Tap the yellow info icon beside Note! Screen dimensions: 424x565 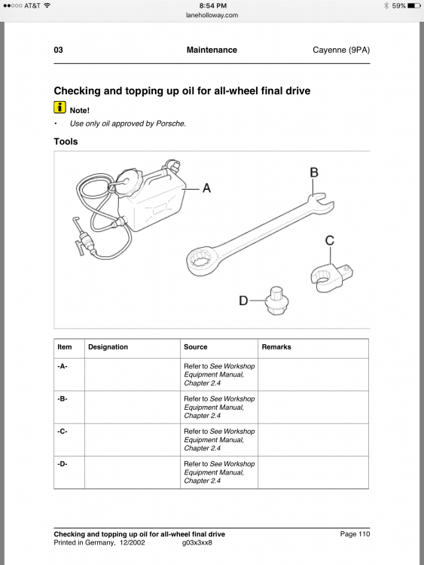pyautogui.click(x=59, y=108)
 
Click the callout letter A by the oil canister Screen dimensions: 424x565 pyautogui.click(x=206, y=188)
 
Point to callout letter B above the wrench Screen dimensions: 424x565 pyautogui.click(x=314, y=173)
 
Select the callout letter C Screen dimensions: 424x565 pyautogui.click(x=330, y=240)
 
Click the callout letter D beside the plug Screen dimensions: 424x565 pyautogui.click(x=243, y=301)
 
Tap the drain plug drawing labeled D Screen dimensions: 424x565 pyautogui.click(x=276, y=301)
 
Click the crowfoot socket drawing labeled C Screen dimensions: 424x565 pyautogui.click(x=331, y=276)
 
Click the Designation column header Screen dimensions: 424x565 pyautogui.click(x=108, y=347)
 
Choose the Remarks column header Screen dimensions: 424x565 pyautogui.click(x=276, y=347)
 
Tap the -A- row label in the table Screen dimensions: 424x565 pyautogui.click(x=63, y=366)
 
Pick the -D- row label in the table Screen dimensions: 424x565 pyautogui.click(x=63, y=464)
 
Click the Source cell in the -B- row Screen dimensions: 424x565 pyautogui.click(x=219, y=407)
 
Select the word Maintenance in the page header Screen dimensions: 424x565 pyautogui.click(x=212, y=50)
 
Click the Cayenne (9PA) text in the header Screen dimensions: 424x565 pyautogui.click(x=341, y=50)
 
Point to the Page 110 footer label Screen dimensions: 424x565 pyautogui.click(x=355, y=534)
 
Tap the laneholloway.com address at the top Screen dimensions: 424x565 pyautogui.click(x=212, y=15)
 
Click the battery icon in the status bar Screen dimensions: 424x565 pyautogui.click(x=414, y=6)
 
